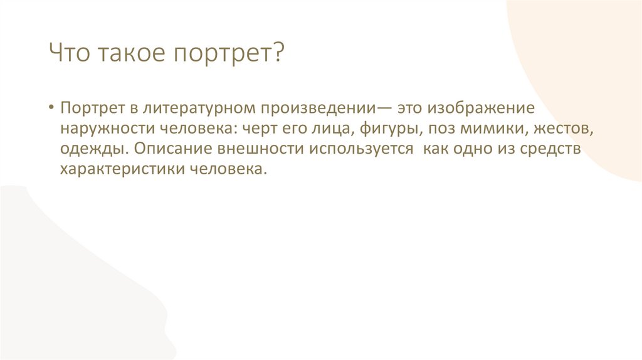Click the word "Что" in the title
(70, 53)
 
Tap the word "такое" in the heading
(128, 53)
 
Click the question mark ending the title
(278, 53)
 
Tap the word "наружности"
(102, 129)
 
